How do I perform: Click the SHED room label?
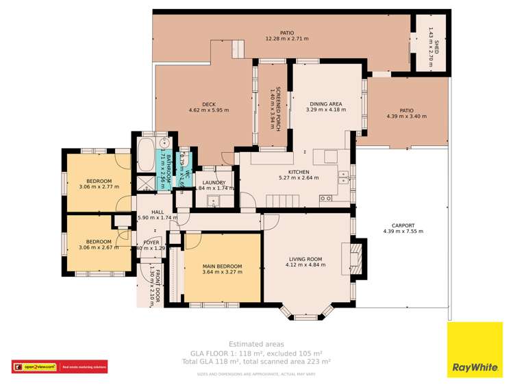(437, 47)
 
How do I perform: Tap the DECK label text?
(209, 104)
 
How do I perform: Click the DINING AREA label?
(325, 104)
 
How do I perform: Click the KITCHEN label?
(298, 172)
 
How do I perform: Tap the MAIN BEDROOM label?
(222, 266)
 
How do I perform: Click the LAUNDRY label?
(214, 183)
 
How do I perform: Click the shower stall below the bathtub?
(146, 183)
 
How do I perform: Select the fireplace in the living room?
(356, 259)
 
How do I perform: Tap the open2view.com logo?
(34, 367)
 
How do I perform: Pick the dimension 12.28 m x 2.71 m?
(286, 39)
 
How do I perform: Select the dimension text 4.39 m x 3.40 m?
(406, 116)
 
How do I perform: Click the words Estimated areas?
(256, 344)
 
